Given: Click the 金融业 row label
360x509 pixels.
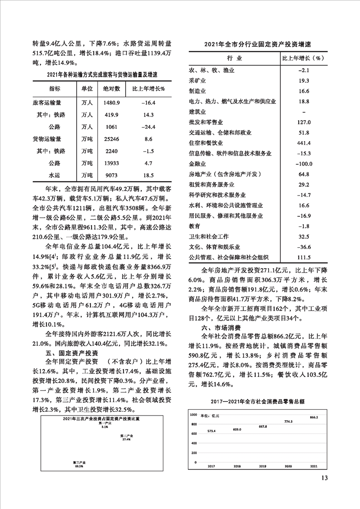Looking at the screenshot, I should [x=197, y=163].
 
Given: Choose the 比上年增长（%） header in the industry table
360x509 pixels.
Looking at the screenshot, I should [x=303, y=59].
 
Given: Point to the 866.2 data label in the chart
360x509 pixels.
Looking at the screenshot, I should [x=314, y=417].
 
